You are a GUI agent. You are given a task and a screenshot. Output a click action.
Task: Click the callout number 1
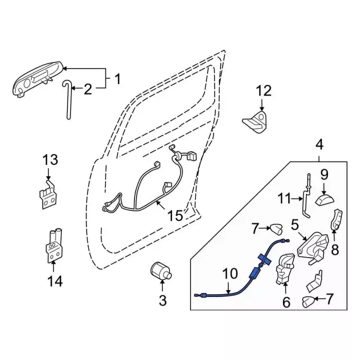tap(118, 79)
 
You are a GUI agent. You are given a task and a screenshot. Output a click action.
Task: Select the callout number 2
tap(88, 88)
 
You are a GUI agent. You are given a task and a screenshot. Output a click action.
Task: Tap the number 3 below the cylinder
tap(163, 301)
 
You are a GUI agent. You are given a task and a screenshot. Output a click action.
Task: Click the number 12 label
tap(263, 91)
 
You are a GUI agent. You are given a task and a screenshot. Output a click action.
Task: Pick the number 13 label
tap(50, 160)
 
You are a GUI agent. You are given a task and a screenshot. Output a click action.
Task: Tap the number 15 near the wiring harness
tap(174, 215)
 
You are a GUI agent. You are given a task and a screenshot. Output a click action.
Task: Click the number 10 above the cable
tap(230, 274)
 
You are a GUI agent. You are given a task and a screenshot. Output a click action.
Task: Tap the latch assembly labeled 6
tap(285, 269)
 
